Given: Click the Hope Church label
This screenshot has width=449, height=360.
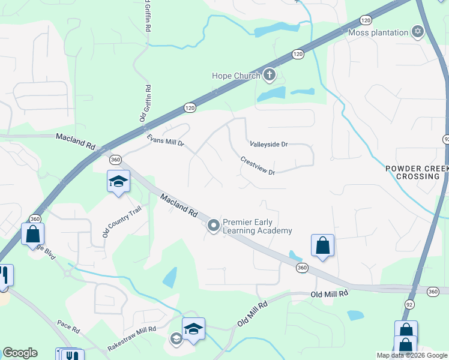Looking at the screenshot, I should (x=236, y=76).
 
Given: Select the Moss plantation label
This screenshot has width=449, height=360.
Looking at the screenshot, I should (x=378, y=32).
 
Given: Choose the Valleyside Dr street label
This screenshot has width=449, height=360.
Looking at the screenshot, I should (x=269, y=145).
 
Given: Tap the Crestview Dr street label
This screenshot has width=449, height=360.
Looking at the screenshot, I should (x=258, y=166).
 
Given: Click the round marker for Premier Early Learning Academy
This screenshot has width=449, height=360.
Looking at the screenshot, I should (x=213, y=226).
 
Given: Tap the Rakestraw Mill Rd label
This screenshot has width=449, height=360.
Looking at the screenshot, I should (x=131, y=339).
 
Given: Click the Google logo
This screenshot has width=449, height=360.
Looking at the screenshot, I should (x=20, y=353).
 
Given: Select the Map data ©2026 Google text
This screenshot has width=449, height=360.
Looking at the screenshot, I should (x=412, y=355).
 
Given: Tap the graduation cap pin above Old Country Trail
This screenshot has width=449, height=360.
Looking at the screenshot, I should (x=118, y=181).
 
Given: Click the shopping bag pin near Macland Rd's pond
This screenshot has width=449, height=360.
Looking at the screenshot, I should (x=322, y=245).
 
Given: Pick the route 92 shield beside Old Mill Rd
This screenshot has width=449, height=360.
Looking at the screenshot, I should (x=409, y=304).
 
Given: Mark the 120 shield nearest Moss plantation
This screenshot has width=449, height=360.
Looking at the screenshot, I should (x=365, y=20).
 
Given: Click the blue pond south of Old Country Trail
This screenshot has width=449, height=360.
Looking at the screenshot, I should (x=170, y=277).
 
